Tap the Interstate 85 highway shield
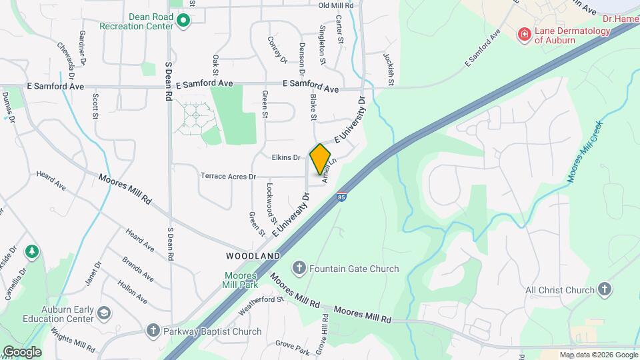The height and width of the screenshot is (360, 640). pyautogui.click(x=342, y=197)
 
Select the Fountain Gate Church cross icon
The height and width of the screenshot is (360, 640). pyautogui.click(x=300, y=269)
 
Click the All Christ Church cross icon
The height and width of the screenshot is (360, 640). pyautogui.click(x=605, y=289)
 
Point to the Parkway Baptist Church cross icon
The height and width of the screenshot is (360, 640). pyautogui.click(x=153, y=331)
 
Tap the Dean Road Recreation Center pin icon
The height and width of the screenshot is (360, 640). pyautogui.click(x=185, y=22)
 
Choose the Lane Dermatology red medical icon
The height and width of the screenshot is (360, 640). pyautogui.click(x=525, y=34)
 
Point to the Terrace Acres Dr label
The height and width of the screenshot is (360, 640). pyautogui.click(x=229, y=177)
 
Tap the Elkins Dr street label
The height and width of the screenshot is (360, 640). pyautogui.click(x=286, y=157)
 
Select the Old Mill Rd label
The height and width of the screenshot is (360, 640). pyautogui.click(x=336, y=5)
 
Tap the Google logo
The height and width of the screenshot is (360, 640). pyautogui.click(x=22, y=351)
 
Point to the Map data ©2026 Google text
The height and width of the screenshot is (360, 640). pyautogui.click(x=599, y=355)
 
